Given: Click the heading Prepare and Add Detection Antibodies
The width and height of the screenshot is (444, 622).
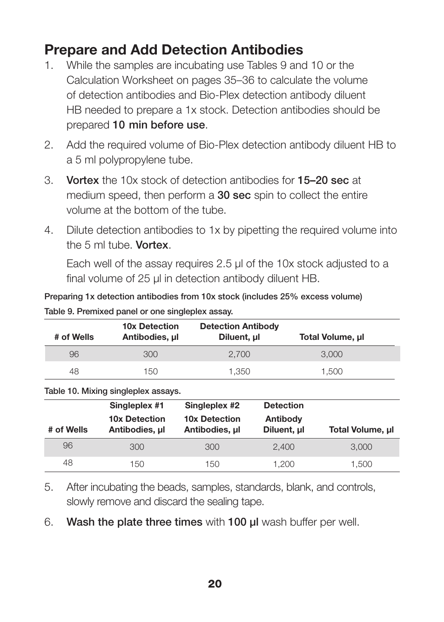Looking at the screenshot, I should tap(174, 50).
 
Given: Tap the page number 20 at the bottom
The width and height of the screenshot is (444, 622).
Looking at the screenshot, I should tap(215, 584).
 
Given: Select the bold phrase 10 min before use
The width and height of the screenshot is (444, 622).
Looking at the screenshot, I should tap(158, 125).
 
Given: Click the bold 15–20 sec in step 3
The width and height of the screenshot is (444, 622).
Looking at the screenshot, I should tap(323, 180).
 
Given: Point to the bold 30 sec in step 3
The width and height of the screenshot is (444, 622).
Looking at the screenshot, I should tap(234, 195).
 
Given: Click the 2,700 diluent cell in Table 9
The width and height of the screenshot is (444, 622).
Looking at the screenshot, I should tap(239, 354).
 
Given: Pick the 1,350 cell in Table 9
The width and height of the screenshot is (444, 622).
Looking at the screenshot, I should tap(239, 372).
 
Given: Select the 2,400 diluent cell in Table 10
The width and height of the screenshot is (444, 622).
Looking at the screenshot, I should tap(283, 447).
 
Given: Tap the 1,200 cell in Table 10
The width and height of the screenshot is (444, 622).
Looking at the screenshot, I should tap(283, 464).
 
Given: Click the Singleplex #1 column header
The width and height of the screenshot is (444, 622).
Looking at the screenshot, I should tap(136, 406).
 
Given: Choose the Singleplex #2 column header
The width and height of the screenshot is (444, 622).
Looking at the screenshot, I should tap(212, 406).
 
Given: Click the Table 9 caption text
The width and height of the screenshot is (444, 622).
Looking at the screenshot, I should tap(138, 311).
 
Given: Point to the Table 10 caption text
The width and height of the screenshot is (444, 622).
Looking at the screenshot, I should tap(112, 391).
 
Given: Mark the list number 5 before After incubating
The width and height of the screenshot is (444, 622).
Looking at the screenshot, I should tap(49, 487).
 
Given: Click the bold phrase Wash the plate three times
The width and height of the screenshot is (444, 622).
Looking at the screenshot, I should tap(134, 522).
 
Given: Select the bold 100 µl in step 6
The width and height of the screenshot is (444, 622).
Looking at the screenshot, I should tap(242, 522).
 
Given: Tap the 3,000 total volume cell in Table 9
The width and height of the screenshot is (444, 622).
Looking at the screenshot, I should tap(331, 354).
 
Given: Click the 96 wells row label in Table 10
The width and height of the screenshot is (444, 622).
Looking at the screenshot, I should tap(68, 446).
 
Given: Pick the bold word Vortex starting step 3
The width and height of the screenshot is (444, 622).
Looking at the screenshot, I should tap(82, 180).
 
